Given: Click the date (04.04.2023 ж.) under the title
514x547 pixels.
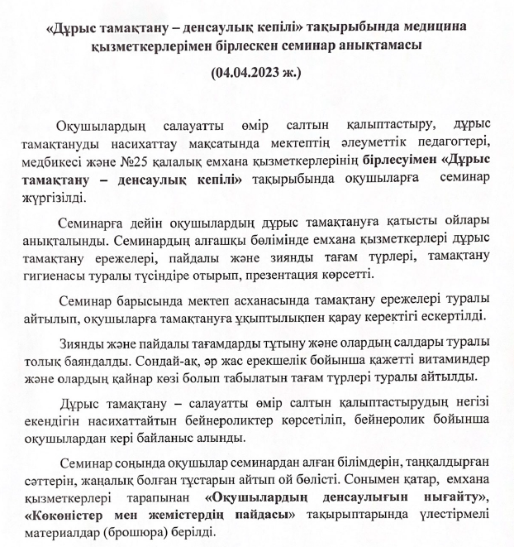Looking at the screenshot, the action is [x=257, y=74].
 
